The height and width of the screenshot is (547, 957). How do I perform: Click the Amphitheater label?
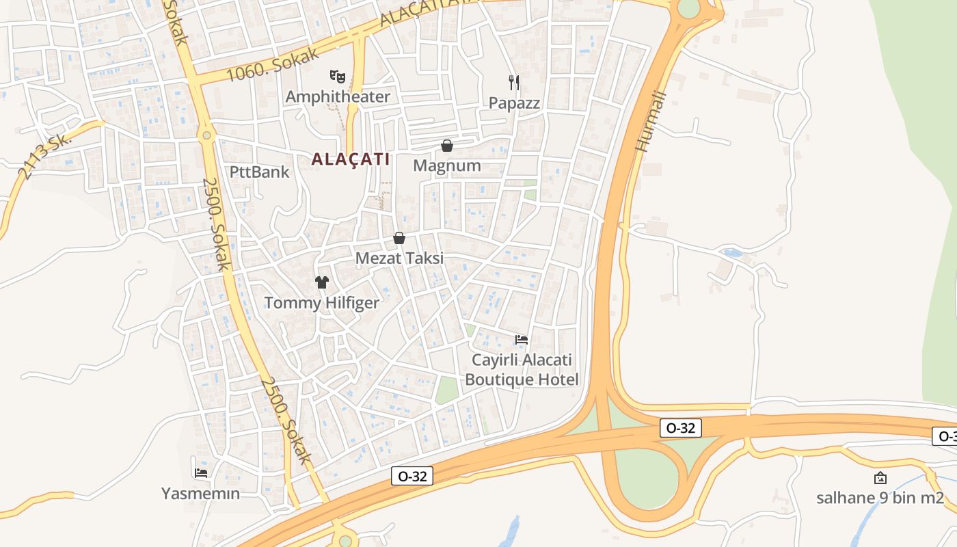point(338,96)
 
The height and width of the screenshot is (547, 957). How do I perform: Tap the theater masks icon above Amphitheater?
point(336,76)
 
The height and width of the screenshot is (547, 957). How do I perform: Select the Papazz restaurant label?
point(514,103)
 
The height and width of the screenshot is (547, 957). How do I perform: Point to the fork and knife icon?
point(514,83)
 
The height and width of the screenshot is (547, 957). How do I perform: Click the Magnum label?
point(447,166)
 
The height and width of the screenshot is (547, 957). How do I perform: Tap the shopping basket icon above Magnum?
point(447,146)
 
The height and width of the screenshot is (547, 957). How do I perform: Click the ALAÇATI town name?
point(351,159)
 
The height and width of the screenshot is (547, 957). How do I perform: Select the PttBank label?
point(260,172)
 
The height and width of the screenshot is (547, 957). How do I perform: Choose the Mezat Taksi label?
point(399,258)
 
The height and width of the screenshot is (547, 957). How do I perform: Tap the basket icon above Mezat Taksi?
point(399,238)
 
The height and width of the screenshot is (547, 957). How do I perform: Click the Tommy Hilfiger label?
point(321,303)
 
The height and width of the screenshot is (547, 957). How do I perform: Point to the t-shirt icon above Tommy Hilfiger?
point(322,282)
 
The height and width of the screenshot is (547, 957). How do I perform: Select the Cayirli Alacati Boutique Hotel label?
point(522,370)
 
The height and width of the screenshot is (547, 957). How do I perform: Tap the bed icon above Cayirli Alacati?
point(522,339)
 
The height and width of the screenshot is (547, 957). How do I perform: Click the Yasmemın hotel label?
point(201,493)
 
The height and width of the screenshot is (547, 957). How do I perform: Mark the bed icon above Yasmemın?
point(201,472)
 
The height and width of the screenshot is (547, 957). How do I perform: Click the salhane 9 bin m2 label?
point(880,498)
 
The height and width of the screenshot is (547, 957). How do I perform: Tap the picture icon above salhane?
point(880,478)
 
